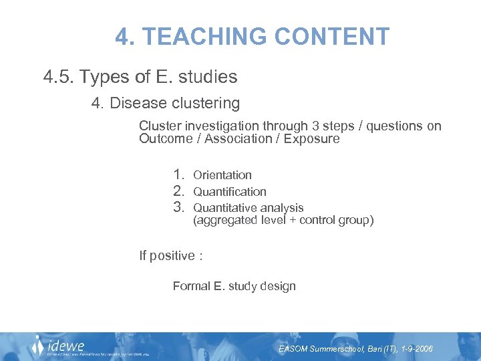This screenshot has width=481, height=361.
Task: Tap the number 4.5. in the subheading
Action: [x=59, y=78]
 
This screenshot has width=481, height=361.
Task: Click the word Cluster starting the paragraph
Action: [x=158, y=126]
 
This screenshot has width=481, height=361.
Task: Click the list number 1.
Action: [x=178, y=175]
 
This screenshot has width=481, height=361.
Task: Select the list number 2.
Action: [x=178, y=191]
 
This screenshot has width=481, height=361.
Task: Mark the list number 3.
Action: [x=178, y=207]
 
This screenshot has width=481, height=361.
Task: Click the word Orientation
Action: [x=222, y=175]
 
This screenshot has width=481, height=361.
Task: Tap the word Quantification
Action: [x=230, y=192]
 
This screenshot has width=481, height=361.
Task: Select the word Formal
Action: [x=191, y=286]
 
